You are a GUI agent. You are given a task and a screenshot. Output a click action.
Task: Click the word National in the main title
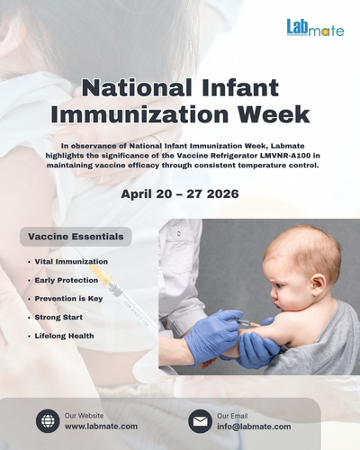[x=138, y=88]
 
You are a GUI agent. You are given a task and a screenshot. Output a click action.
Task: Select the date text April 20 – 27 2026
[x=180, y=193]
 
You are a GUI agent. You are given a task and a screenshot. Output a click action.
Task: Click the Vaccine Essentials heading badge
[x=76, y=237]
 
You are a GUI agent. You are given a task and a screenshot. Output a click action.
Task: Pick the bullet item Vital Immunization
[x=72, y=261]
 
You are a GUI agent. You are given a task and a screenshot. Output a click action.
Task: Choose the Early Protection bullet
[x=67, y=279]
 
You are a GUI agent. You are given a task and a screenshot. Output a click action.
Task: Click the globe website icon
[x=48, y=420]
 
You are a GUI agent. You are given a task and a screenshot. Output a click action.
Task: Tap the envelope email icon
[x=200, y=420]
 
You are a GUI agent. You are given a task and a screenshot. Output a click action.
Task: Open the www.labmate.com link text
[x=101, y=426]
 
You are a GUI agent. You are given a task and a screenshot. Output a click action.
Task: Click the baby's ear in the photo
[x=300, y=272]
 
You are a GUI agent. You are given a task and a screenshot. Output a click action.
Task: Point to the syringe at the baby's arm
[x=245, y=320]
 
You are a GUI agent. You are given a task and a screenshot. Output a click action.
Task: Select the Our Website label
[x=84, y=414]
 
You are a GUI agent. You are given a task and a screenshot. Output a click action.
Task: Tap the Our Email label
[x=234, y=414]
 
